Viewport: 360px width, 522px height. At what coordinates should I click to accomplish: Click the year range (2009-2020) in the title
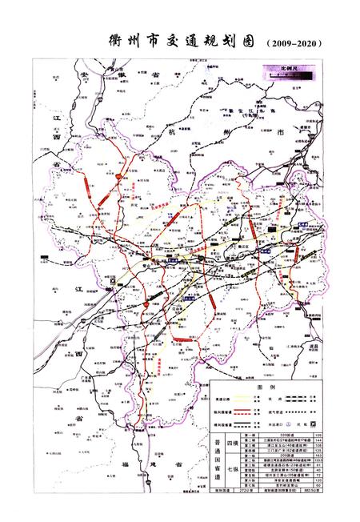(296, 43)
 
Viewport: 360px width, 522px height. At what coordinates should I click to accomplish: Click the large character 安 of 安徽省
(83, 72)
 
